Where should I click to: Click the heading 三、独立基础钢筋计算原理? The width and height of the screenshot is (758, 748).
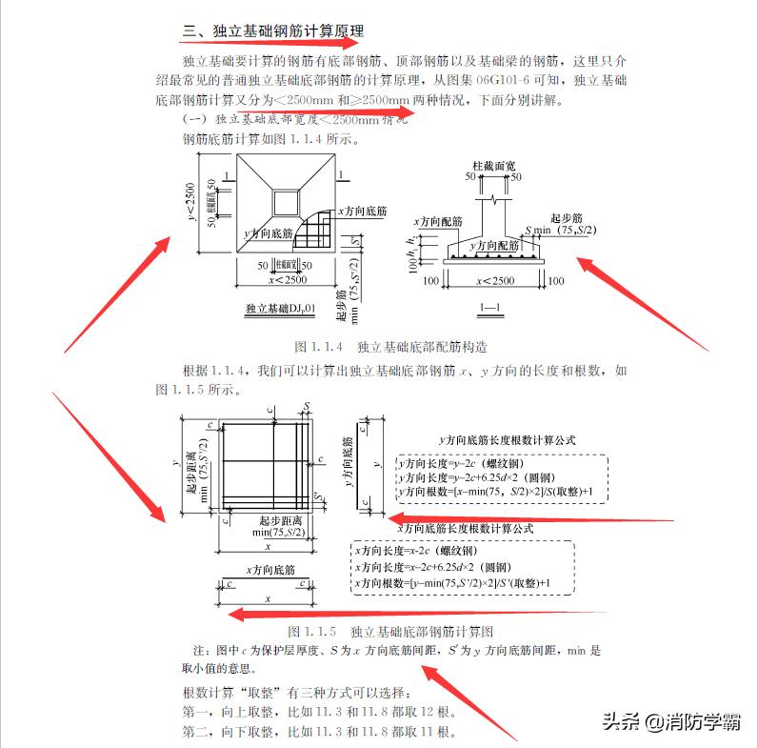273,32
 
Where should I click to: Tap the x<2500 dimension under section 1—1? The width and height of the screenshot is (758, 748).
492,280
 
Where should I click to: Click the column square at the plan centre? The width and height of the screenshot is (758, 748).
285,202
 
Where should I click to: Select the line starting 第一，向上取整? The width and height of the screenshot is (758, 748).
318,712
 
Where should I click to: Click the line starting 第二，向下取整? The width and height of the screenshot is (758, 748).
318,732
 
